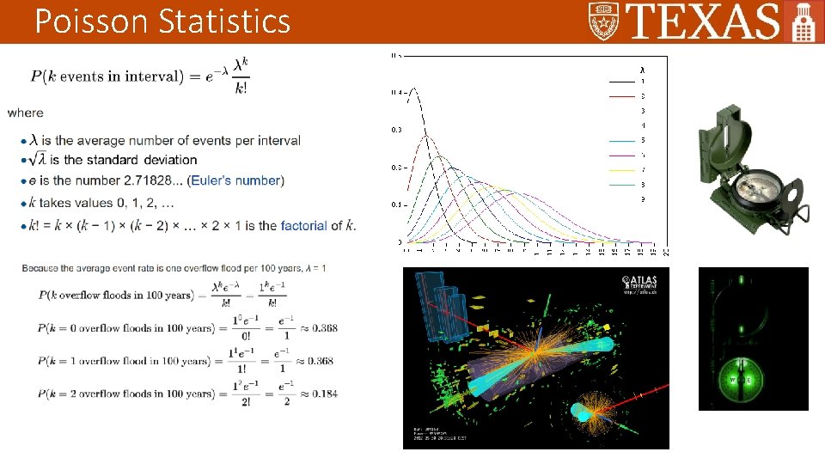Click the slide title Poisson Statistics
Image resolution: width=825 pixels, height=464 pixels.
162,21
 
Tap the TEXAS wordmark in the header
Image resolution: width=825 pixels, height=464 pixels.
703,21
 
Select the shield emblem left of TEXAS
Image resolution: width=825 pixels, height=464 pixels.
603,21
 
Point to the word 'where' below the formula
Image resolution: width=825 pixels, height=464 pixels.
25,113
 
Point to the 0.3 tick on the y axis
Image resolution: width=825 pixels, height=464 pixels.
396,130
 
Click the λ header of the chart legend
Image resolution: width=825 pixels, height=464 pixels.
641,69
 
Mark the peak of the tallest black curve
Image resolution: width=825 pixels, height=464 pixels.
413,88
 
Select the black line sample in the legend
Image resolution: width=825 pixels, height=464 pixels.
621,81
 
